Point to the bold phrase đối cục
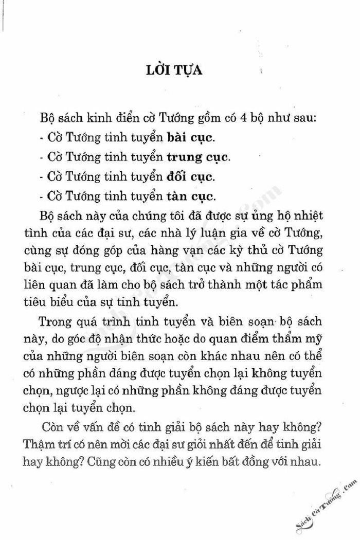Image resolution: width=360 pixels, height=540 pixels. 190,176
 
